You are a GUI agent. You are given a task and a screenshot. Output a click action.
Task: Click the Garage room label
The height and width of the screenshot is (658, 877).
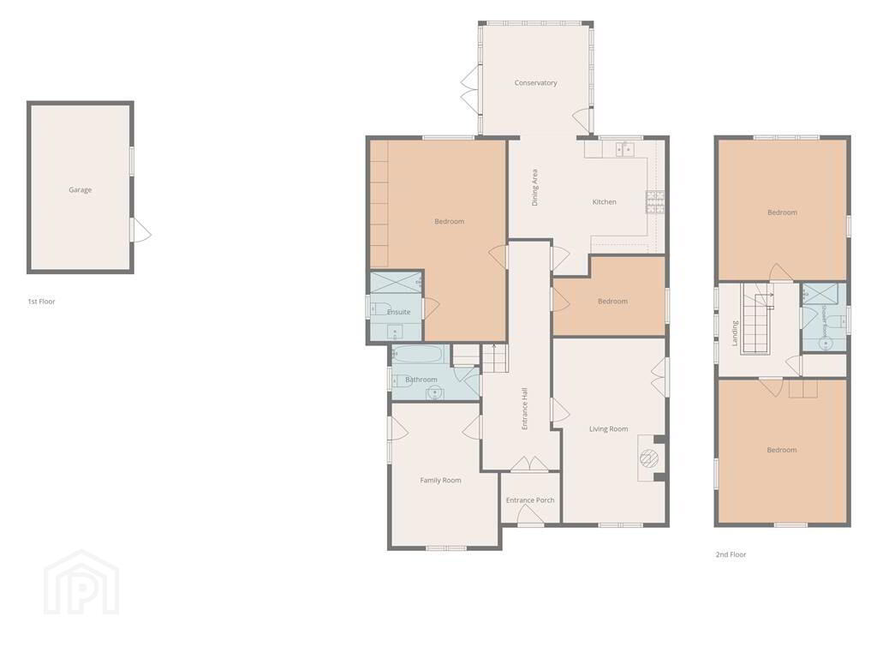[80, 189]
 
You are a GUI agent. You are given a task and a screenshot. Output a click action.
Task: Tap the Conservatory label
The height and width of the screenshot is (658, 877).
[536, 83]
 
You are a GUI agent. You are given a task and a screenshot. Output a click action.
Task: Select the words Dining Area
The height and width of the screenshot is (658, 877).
[534, 188]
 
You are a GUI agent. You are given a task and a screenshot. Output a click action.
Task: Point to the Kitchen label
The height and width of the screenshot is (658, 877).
[604, 202]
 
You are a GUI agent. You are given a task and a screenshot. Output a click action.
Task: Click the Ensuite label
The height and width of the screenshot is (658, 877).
[399, 312]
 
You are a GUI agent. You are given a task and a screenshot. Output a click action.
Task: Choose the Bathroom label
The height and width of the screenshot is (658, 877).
[421, 380]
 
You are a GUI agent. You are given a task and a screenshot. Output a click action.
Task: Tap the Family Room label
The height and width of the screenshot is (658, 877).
[441, 480]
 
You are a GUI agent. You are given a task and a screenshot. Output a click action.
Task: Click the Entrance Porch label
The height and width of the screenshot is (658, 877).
[530, 500]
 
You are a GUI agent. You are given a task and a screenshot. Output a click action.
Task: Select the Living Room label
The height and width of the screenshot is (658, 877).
[609, 429]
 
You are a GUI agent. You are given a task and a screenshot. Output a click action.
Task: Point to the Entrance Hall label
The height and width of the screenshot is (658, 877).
[525, 409]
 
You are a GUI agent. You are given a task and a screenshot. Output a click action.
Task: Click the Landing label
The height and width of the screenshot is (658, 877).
[735, 333]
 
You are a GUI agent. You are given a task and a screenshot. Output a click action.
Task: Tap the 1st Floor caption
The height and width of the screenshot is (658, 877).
[41, 302]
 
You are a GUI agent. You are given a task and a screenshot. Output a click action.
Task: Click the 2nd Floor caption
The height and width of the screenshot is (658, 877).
[731, 554]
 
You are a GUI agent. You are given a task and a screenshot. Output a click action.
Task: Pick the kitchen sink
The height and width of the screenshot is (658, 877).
[624, 149]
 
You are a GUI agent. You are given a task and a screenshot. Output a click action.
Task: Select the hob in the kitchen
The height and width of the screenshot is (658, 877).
[655, 202]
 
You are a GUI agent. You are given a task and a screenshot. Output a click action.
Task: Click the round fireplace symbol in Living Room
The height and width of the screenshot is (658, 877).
[649, 458]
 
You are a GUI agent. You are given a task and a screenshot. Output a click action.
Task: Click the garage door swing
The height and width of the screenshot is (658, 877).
[140, 230]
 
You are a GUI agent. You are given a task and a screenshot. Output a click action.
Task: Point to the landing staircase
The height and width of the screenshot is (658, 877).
[755, 319]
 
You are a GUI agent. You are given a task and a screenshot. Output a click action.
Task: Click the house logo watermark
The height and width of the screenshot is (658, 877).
[81, 583]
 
